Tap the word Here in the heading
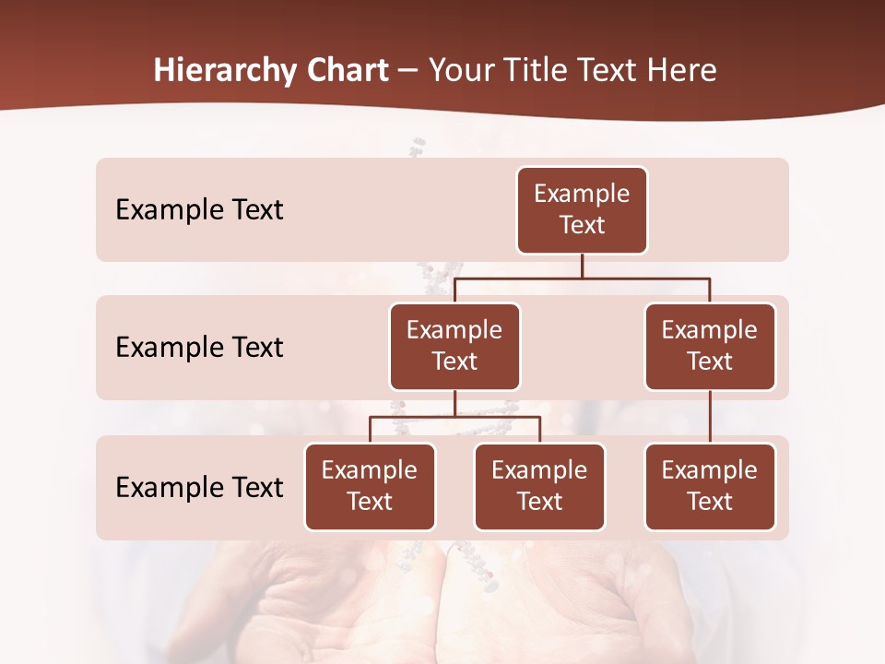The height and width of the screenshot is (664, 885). click(681, 70)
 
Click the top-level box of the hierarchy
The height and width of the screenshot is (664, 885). click(582, 209)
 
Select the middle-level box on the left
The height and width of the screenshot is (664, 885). click(454, 346)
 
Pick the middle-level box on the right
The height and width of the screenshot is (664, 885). click(710, 346)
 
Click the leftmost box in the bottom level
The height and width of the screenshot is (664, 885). click(370, 486)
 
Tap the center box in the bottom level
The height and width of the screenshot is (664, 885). click(539, 486)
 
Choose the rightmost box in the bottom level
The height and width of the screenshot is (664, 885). click(710, 486)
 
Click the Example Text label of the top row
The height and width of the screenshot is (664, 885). click(199, 209)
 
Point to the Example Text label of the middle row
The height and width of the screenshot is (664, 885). click(199, 347)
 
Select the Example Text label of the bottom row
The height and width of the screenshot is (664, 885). click(199, 487)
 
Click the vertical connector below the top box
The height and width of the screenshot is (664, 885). click(582, 266)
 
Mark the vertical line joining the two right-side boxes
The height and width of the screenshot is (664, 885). click(710, 416)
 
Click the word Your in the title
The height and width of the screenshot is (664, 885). click(463, 70)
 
